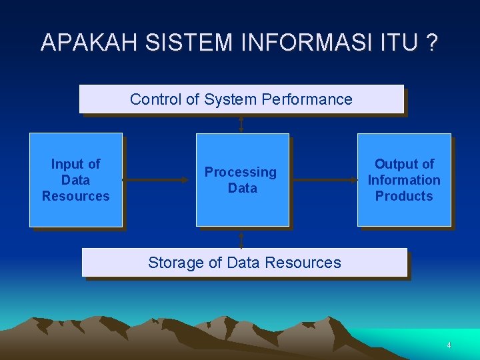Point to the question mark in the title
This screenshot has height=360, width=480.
click(x=432, y=42)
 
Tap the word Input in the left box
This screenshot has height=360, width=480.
click(x=68, y=164)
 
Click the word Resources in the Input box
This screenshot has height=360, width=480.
click(x=75, y=196)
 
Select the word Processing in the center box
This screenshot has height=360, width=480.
click(x=240, y=172)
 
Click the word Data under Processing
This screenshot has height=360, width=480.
click(x=242, y=188)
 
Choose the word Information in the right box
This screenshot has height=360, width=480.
click(x=404, y=180)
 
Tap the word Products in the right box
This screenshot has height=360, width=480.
click(x=404, y=196)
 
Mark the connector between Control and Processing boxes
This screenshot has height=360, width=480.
click(x=241, y=124)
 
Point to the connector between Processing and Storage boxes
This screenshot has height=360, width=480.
click(x=241, y=238)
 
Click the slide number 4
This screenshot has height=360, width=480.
click(x=449, y=345)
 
